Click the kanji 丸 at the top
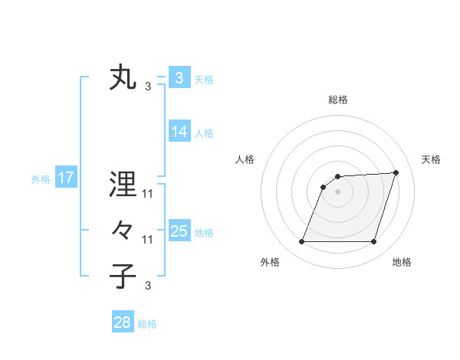123,79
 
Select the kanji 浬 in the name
123,185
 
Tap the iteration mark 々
123,230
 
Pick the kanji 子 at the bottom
123,276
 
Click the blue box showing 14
179,132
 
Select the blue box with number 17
66,178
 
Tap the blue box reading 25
179,231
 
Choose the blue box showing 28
123,322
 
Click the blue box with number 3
179,77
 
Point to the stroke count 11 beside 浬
148,194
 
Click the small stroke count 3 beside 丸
148,87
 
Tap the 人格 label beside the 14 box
204,133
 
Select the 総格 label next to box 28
147,324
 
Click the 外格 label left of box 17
41,179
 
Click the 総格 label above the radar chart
337,100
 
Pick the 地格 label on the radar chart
402,263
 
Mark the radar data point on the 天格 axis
396,172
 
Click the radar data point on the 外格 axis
301,242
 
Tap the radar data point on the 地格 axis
373,242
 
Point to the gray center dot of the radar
337,191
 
